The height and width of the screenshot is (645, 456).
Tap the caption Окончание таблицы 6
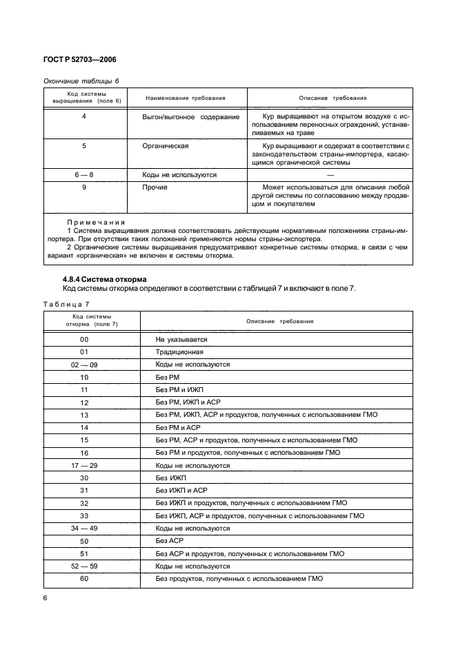[x=81, y=81]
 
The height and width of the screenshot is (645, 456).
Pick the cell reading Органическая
[x=166, y=146]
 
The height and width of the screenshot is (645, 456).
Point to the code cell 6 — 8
[x=84, y=175]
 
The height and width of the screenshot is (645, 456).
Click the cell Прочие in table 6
[x=155, y=187]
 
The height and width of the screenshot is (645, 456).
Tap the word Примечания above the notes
[x=96, y=223]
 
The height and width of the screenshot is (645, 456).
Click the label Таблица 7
[x=66, y=304]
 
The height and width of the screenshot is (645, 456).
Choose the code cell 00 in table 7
[x=84, y=340]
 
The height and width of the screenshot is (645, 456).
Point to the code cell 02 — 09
[x=84, y=365]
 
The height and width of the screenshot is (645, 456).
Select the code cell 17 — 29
[x=84, y=465]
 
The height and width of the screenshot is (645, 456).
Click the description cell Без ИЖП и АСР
[x=181, y=491]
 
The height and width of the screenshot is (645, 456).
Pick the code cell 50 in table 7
[x=84, y=542]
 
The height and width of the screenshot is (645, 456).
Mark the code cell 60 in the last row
[x=84, y=579]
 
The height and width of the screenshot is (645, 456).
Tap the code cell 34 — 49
[x=84, y=528]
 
